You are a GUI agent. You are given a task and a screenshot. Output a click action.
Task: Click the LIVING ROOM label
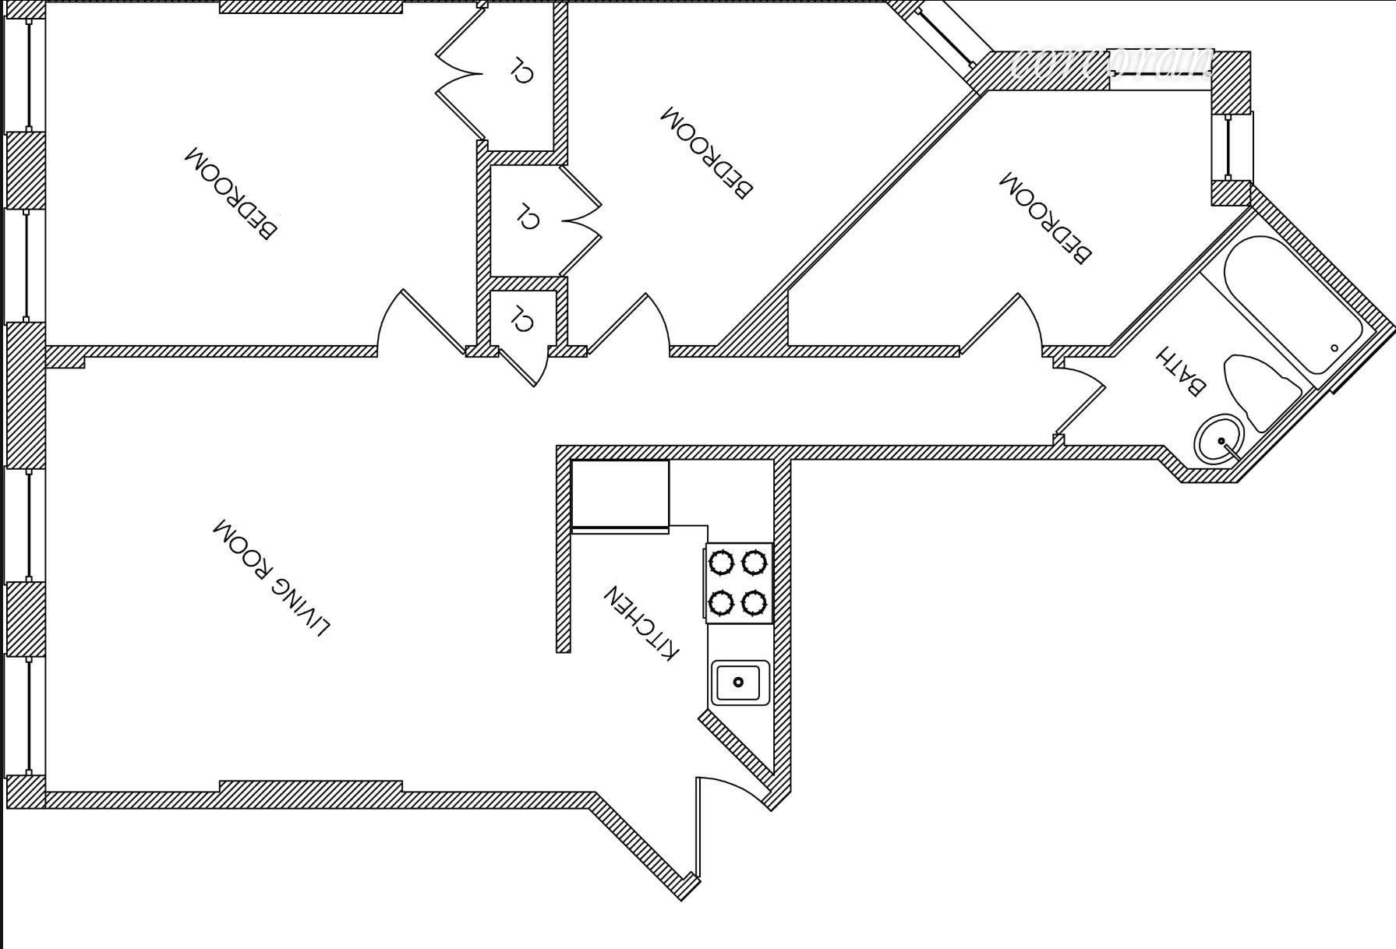click(271, 577)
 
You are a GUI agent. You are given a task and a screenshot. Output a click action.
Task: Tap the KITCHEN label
click(641, 623)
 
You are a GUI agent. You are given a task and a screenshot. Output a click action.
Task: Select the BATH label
click(1180, 371)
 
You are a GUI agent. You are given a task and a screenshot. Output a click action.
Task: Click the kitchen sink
click(739, 683)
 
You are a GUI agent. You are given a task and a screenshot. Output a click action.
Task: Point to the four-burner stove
click(739, 583)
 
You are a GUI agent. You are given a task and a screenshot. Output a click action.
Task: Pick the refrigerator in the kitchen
click(620, 494)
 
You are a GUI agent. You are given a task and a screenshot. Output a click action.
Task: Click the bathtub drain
click(1334, 348)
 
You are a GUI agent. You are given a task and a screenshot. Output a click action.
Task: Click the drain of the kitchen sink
click(738, 683)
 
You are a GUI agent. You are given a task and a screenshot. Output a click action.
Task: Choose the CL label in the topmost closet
click(521, 69)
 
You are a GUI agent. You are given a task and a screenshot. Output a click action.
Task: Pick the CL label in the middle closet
click(528, 216)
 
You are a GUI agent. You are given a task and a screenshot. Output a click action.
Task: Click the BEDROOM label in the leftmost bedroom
click(230, 192)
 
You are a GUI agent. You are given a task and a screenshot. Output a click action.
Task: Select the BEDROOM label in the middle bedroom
click(707, 153)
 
